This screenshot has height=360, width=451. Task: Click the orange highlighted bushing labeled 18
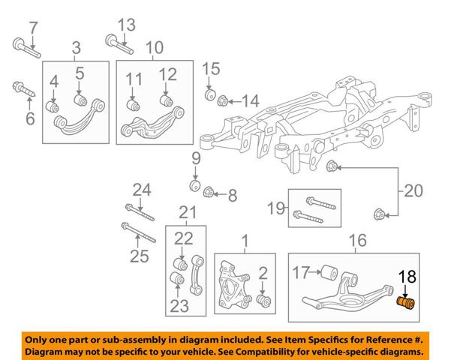pyautogui.click(x=406, y=303)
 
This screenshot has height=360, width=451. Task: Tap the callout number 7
pyautogui.click(x=33, y=28)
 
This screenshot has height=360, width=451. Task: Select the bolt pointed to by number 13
pyautogui.click(x=119, y=44)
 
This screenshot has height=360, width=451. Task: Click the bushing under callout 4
pyautogui.click(x=53, y=106)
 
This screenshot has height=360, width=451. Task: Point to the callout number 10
pyautogui.click(x=155, y=47)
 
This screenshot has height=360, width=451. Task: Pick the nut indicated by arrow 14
pyautogui.click(x=223, y=100)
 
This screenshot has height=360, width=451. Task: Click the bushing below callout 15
pyautogui.click(x=211, y=95)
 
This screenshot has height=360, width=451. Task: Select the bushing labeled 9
pyautogui.click(x=196, y=185)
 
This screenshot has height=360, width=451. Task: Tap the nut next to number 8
pyautogui.click(x=208, y=192)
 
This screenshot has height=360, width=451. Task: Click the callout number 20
pyautogui.click(x=413, y=190)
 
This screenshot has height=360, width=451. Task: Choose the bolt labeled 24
pyautogui.click(x=140, y=212)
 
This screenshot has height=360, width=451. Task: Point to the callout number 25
pyautogui.click(x=140, y=256)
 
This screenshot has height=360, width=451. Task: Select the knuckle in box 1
pyautogui.click(x=234, y=285)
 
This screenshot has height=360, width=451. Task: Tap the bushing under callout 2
pyautogui.click(x=263, y=301)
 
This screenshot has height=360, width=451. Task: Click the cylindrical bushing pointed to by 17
pyautogui.click(x=329, y=272)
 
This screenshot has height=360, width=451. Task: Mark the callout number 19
pyautogui.click(x=276, y=208)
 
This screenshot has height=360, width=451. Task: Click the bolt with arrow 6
pyautogui.click(x=24, y=89)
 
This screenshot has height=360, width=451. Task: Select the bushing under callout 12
pyautogui.click(x=167, y=100)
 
